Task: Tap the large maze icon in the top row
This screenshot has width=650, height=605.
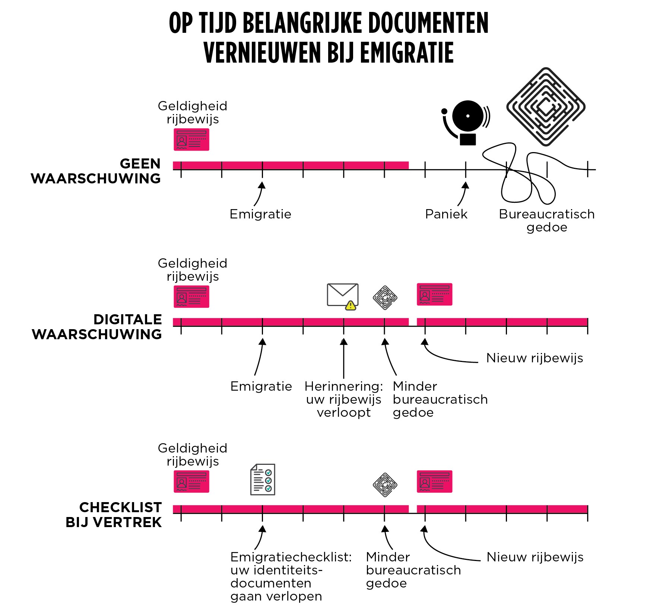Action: coord(546,107)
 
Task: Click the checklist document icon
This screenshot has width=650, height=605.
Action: coord(263,479)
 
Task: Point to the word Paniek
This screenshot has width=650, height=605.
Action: coord(446,214)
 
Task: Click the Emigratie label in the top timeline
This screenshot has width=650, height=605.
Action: coord(260,214)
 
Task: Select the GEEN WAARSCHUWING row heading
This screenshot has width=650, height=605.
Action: coord(96,171)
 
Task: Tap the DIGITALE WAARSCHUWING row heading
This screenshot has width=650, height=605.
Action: coord(97,327)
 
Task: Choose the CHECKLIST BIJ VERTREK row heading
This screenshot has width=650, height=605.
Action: coord(114,515)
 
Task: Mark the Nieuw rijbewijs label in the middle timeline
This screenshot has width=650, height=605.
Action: coord(535,358)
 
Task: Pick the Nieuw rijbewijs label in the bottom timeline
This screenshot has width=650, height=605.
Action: coord(535,557)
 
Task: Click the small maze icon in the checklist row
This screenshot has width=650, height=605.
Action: coord(385,485)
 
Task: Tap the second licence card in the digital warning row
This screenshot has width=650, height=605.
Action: coord(434,294)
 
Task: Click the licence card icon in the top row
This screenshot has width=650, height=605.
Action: coord(191,139)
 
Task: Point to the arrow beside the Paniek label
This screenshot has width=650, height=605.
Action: coord(463,194)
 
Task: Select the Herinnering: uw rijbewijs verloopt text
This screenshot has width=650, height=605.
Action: coord(343,400)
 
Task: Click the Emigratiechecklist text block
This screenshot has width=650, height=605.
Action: coord(291,576)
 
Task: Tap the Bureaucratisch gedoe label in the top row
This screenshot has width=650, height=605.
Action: coord(546,221)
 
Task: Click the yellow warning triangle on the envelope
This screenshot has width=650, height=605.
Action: coord(351,306)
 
